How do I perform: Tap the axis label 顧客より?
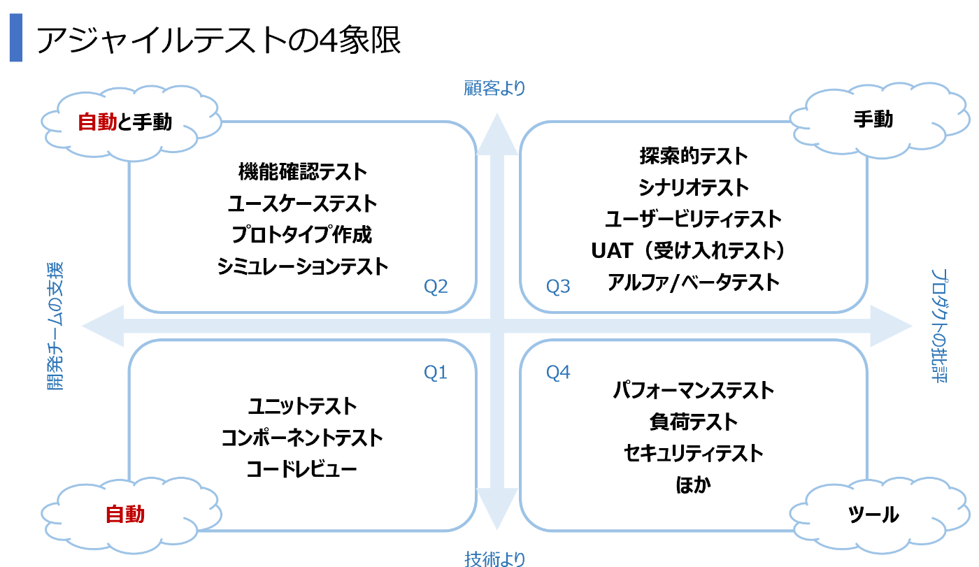click(494, 88)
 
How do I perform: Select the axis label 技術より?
click(494, 559)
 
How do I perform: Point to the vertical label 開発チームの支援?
click(56, 325)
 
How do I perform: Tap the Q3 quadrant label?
click(558, 286)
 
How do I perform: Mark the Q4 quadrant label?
click(558, 373)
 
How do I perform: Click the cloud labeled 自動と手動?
click(124, 122)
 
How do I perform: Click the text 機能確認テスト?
click(302, 171)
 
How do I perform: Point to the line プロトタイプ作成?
click(302, 235)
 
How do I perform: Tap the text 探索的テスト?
click(693, 155)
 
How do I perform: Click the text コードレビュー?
click(302, 468)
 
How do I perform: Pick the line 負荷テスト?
click(693, 422)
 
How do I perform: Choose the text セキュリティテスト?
click(693, 453)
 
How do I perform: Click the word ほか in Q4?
click(693, 485)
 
